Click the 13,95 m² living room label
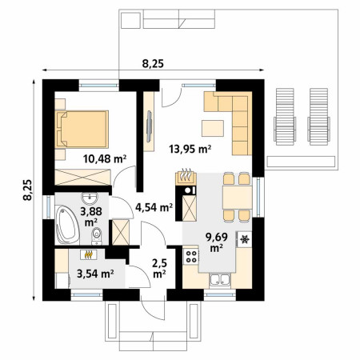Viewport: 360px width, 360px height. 190,149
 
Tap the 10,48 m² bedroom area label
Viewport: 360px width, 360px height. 105,159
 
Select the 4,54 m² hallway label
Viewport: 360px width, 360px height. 154,207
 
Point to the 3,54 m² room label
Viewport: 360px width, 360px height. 95,274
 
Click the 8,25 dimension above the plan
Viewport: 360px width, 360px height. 153,64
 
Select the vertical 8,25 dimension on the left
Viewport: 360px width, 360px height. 27,190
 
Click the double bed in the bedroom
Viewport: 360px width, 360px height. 82,130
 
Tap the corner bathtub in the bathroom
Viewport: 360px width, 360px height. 67,225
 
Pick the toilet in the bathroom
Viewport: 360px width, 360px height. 97,236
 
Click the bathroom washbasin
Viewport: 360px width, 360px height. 90,198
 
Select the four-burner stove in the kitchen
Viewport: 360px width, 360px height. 191,256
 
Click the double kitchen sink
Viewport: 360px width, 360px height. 220,279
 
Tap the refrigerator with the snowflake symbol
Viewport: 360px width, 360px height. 244,239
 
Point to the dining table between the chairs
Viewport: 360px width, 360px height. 237,198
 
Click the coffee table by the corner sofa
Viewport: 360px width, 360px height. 213,128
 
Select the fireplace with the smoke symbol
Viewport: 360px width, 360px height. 186,177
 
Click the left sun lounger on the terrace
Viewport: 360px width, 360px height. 285,117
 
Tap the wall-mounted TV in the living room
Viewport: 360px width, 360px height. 150,126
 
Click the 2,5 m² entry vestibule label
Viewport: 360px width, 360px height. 160,268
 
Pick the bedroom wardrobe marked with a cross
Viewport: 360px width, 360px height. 82,177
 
